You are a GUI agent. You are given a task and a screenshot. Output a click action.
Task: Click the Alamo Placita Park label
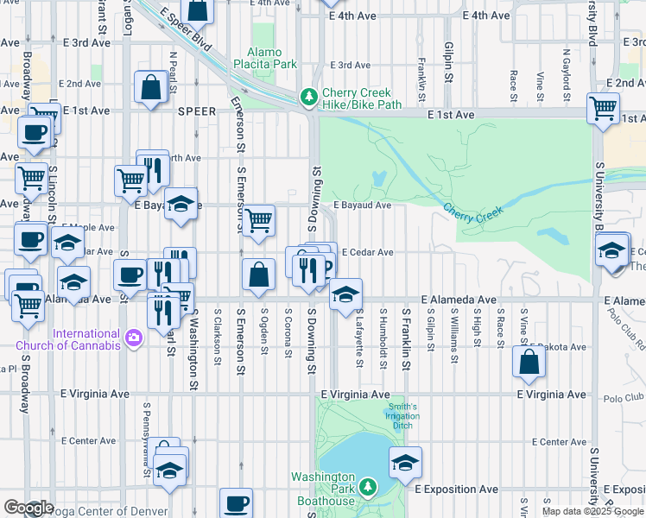click(x=271, y=58)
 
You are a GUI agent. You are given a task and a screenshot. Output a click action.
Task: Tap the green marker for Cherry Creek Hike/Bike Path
click(x=307, y=98)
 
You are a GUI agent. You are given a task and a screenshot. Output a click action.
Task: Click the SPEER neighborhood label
click(x=197, y=111)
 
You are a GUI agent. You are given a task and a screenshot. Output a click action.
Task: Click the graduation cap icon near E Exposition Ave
click(x=405, y=464)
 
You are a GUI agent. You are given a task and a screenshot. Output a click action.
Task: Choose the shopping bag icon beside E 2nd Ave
click(x=151, y=86)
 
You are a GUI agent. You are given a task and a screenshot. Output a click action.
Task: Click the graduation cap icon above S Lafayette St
click(x=345, y=294)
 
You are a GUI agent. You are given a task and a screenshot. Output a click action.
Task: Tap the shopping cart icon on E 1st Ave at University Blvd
click(x=603, y=108)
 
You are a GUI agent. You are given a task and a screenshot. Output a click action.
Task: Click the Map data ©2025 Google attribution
click(x=592, y=511)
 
